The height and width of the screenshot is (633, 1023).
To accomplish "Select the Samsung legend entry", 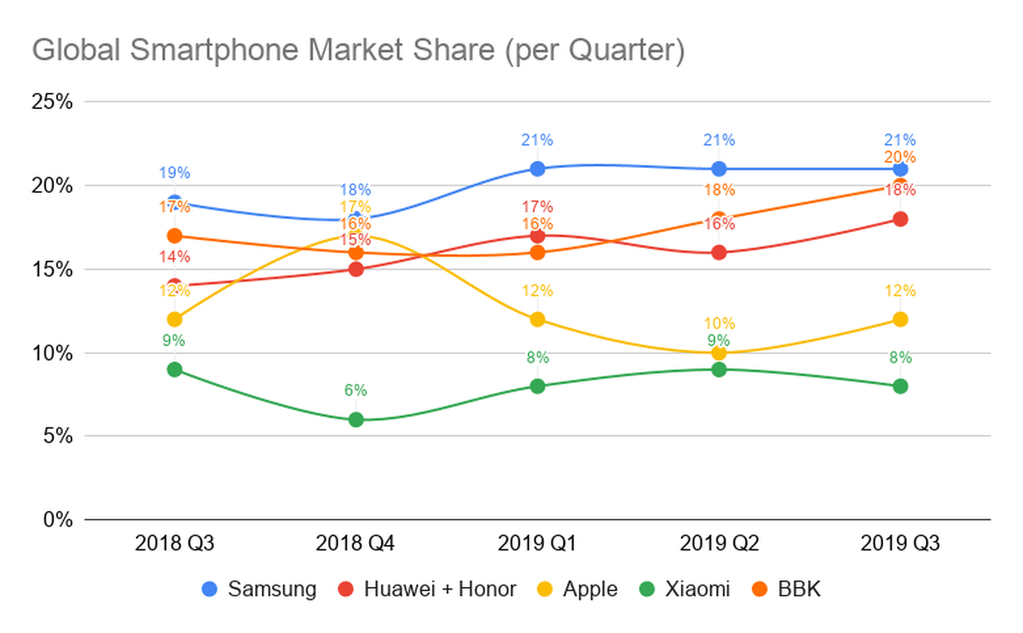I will pos(261,589).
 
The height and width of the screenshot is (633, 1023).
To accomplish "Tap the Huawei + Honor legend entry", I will pos(428,589).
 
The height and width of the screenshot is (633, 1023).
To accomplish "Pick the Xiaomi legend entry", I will pos(685,589).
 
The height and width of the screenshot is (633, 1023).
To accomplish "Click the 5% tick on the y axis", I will pos(57,436).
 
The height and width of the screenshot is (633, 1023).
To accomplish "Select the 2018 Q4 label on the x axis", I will pos(355,543).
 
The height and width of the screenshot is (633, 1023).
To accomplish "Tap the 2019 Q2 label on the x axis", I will pos(719,543).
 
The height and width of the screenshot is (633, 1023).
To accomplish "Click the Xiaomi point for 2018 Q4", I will pos(355,419).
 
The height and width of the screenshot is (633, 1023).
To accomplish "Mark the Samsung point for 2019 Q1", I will pos(537,169).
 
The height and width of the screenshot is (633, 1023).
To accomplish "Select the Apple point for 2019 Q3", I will pos(900,319).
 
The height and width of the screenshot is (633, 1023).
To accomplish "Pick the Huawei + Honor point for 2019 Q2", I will pos(719,253).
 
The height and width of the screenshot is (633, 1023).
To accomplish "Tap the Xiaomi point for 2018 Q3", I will pos(175,369).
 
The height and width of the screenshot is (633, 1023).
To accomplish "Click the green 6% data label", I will pos(355,391).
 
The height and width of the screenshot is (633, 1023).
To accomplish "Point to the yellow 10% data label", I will pos(719,323).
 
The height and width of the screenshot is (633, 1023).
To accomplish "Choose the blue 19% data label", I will pos(175,173).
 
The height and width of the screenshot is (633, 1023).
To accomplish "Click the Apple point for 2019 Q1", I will pos(537,319).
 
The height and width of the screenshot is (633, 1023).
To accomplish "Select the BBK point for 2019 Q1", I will pos(537,253).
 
